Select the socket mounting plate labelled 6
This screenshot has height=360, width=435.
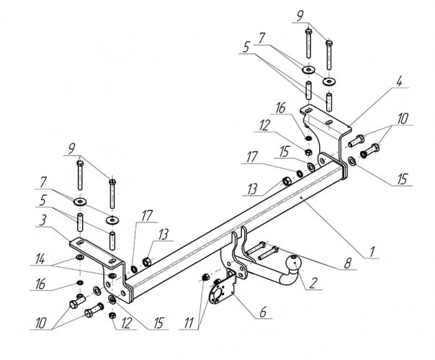220,293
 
